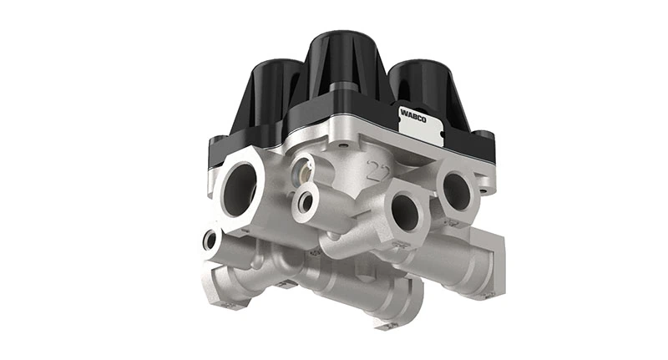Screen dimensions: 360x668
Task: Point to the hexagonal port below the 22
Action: tap(407, 215)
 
